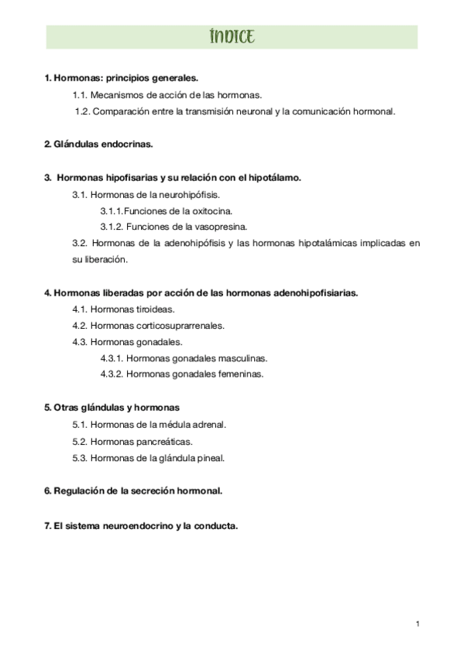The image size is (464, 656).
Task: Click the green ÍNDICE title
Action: [x=232, y=36]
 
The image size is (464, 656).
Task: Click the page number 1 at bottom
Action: [x=418, y=624]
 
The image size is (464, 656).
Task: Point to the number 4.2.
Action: [x=80, y=325]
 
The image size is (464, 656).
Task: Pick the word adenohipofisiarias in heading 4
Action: [x=318, y=293]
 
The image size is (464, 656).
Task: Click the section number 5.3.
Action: [x=80, y=458]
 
